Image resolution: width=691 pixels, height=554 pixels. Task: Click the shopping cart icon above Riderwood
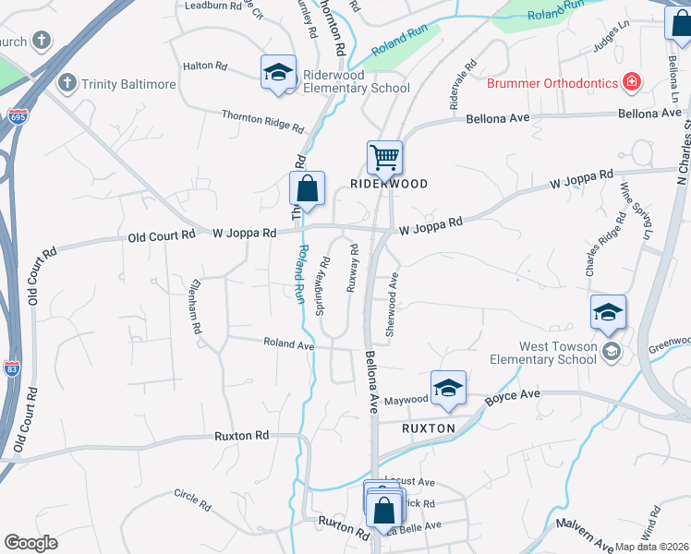tap(384, 157)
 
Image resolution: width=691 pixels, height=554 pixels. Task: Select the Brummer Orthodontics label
tap(552, 83)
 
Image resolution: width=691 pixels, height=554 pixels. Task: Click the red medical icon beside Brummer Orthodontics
tap(632, 82)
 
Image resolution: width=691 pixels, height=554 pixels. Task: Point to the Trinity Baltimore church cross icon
tap(66, 83)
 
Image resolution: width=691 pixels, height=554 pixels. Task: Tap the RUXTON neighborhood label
tap(429, 428)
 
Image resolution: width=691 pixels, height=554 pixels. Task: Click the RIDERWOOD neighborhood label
tap(389, 184)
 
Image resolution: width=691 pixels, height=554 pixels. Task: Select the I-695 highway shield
tap(17, 116)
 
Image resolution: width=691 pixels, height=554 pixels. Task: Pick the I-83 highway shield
tap(12, 367)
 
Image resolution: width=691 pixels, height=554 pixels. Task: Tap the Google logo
tap(30, 543)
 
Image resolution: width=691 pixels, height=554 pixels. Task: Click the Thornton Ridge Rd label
tap(262, 120)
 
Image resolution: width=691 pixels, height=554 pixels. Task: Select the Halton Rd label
tap(205, 66)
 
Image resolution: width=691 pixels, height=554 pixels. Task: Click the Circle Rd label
tap(193, 500)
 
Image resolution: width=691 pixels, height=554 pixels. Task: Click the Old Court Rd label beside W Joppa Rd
tap(162, 235)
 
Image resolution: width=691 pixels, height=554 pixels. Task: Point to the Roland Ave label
tap(289, 343)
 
